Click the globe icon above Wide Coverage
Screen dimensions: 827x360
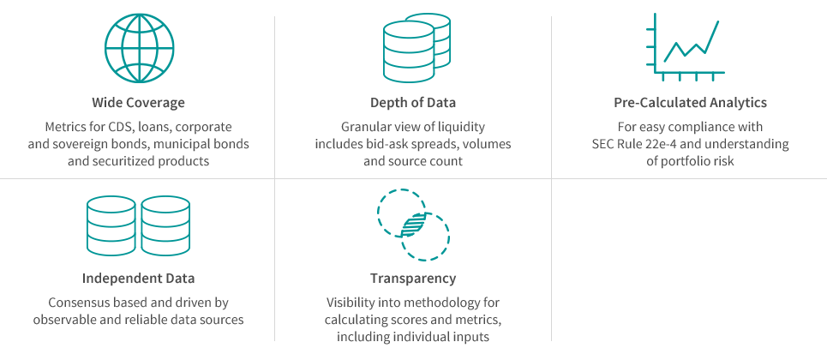pos(139,48)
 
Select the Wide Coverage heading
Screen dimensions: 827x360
pos(139,102)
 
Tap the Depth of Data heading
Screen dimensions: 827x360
pos(413,102)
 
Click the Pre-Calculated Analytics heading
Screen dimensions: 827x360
pos(690,102)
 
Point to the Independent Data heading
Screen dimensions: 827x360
pos(138,278)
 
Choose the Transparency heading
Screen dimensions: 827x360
pos(413,279)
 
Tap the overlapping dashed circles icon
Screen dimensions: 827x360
pos(413,225)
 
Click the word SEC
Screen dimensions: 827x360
pos(602,144)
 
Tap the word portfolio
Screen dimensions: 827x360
pos(683,161)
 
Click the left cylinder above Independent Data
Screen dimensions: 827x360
pos(111,225)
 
